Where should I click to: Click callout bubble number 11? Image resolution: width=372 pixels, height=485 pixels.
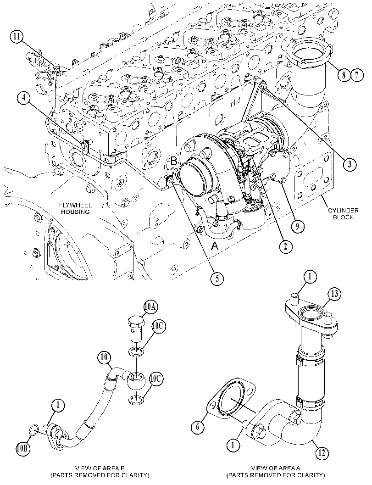[17, 37]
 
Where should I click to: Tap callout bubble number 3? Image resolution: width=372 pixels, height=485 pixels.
[349, 164]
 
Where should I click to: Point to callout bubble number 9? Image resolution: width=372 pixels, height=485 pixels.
[297, 227]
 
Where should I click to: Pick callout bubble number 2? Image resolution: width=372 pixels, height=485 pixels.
[285, 246]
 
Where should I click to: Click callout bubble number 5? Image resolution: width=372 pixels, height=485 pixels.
[217, 279]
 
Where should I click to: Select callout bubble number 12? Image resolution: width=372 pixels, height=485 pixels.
[322, 453]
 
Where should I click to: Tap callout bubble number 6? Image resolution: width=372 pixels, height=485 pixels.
[198, 427]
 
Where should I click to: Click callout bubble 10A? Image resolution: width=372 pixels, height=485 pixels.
[150, 307]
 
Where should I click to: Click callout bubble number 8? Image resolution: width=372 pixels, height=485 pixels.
[344, 75]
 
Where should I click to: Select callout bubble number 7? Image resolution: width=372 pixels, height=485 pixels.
[357, 75]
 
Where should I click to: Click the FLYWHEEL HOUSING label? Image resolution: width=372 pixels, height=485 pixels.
[75, 208]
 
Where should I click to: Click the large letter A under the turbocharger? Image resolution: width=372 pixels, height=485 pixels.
[215, 246]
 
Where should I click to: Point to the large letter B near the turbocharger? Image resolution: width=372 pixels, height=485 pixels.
[174, 161]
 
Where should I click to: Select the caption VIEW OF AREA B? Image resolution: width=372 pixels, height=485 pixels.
[100, 468]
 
